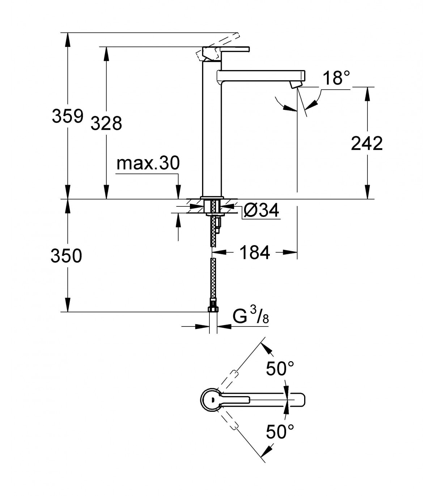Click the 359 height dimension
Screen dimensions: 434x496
68,116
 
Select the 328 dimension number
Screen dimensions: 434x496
106,123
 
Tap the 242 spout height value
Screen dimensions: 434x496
367,143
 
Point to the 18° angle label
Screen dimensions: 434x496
337,78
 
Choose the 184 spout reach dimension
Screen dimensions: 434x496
255,252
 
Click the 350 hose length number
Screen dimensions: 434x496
67,256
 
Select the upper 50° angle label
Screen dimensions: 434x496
280,369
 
